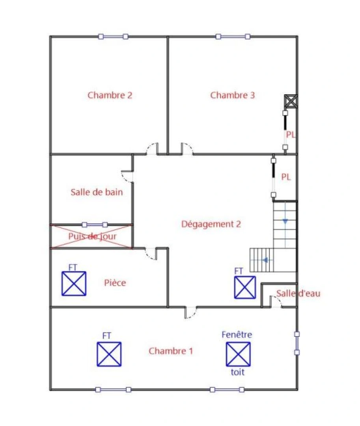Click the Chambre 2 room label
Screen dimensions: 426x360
(x=110, y=95)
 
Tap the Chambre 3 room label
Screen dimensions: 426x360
(x=232, y=95)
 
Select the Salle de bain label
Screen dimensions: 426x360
(x=97, y=192)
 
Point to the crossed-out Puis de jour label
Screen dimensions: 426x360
(x=92, y=237)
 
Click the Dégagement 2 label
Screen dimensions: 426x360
(x=211, y=224)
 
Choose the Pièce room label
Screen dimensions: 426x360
(x=115, y=283)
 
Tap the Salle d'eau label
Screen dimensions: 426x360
(x=298, y=293)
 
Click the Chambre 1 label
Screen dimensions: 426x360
(x=171, y=351)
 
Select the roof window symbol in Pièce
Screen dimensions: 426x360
(x=74, y=284)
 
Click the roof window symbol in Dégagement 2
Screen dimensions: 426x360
(x=245, y=287)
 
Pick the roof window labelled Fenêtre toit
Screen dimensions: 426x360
(x=238, y=354)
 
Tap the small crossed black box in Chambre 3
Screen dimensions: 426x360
(x=291, y=101)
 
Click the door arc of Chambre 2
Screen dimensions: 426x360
(x=152, y=149)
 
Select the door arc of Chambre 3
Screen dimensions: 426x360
(x=187, y=149)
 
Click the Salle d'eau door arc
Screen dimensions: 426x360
(x=276, y=302)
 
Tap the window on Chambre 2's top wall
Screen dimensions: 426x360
(x=113, y=37)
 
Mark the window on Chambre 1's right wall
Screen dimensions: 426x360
(x=297, y=343)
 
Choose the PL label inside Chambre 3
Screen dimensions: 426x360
(x=291, y=135)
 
